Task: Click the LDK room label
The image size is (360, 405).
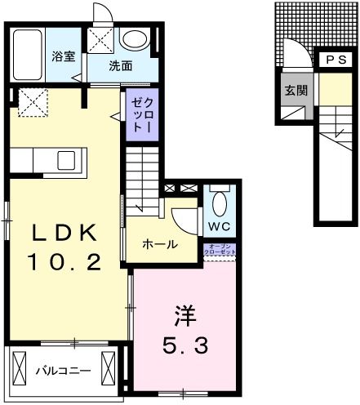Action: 64,234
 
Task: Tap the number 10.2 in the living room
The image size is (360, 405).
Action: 65,262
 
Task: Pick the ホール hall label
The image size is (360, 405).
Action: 159,243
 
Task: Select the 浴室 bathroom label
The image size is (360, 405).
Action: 64,57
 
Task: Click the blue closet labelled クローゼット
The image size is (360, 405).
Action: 138,113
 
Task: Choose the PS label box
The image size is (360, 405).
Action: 336,59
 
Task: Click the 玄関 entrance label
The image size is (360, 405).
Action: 296,91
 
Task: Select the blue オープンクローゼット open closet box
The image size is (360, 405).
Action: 221,251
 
